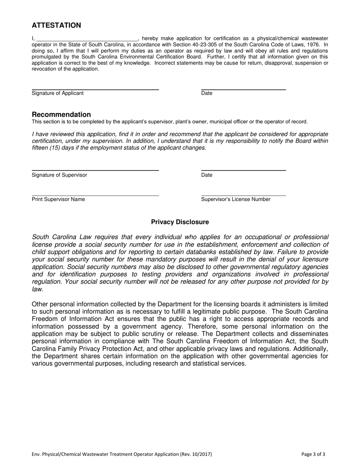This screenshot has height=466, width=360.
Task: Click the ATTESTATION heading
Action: point(56,25)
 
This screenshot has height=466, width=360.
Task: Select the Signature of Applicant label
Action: point(58,93)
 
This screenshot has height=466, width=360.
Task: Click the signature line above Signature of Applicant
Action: point(95,89)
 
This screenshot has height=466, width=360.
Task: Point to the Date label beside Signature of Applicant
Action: point(207,93)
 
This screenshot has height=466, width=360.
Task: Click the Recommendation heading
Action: point(61,114)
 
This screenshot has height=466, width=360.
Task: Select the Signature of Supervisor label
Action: point(59,175)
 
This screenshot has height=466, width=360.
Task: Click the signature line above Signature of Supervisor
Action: point(95,170)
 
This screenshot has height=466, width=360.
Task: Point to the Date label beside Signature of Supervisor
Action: point(207,175)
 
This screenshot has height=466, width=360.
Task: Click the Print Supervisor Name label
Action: point(58,199)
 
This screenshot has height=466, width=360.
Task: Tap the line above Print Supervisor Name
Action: point(95,195)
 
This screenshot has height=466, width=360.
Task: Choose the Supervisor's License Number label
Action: point(236,199)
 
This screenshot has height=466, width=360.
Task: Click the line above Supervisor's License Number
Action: point(243,195)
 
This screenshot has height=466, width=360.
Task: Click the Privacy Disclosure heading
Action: point(180,222)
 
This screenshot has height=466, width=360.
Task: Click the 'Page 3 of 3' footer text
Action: point(313,454)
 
